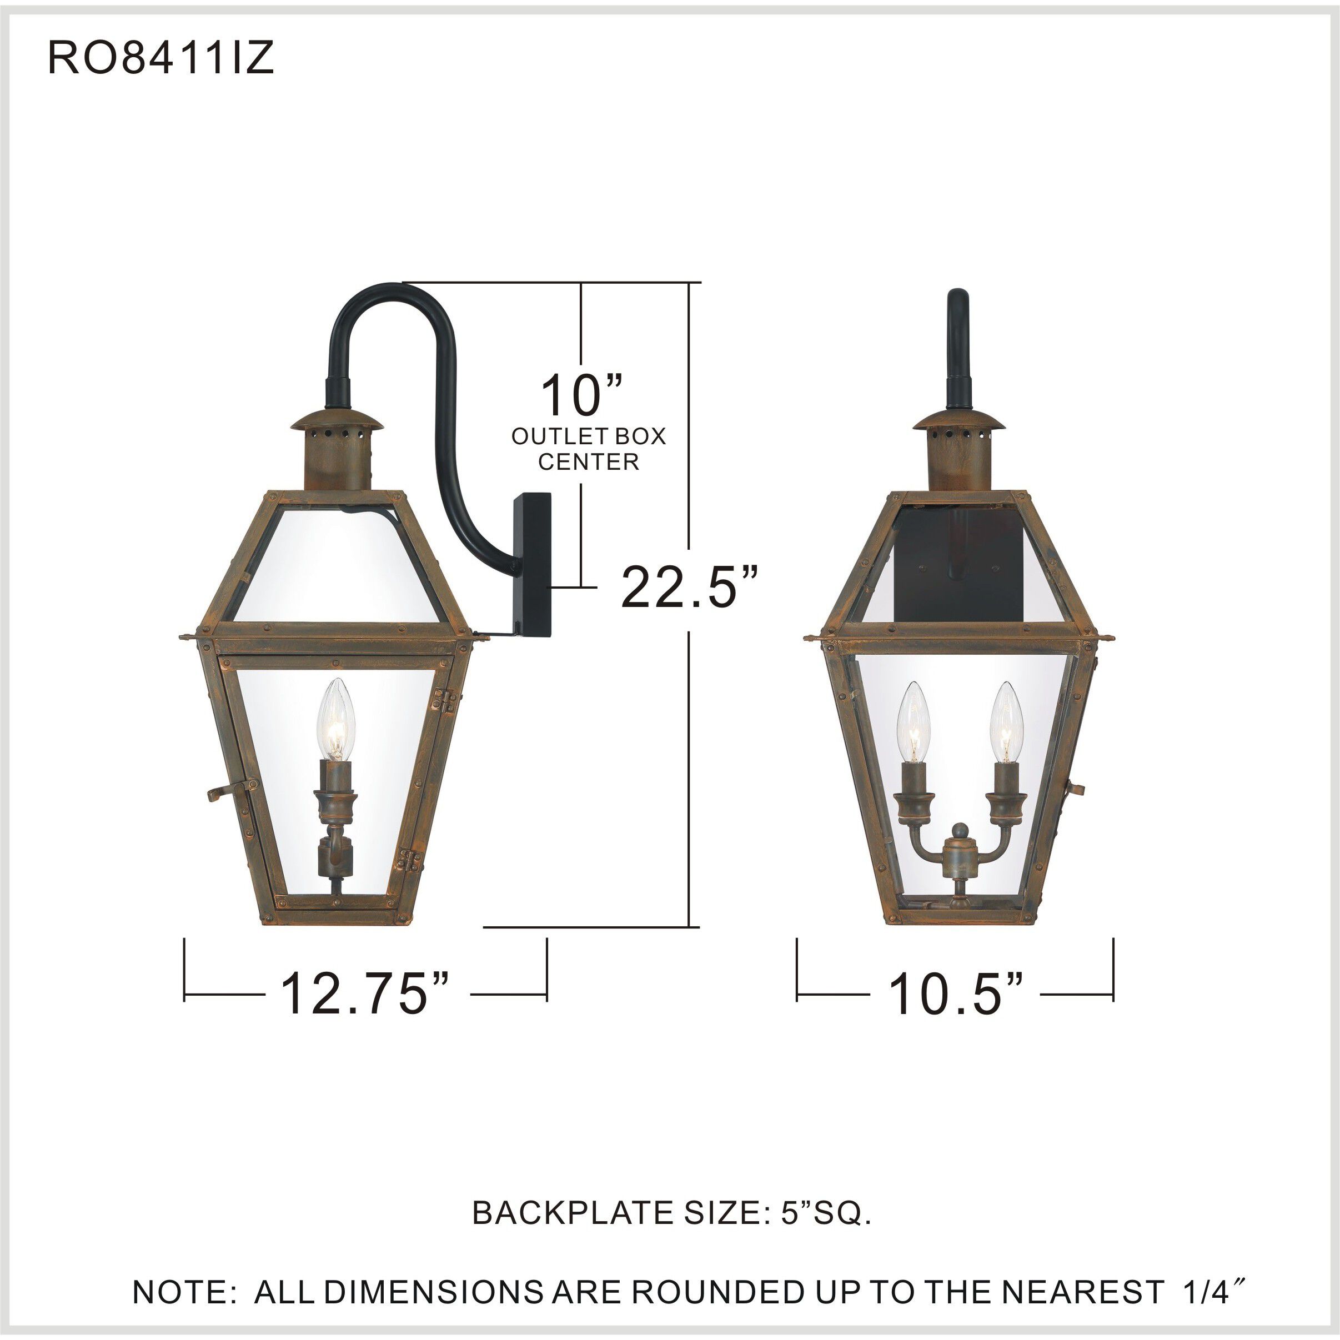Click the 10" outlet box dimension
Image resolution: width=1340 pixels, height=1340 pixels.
(x=581, y=395)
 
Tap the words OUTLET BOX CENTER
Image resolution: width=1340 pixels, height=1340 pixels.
(x=588, y=448)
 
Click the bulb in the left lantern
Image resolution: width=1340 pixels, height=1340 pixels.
(x=335, y=721)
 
